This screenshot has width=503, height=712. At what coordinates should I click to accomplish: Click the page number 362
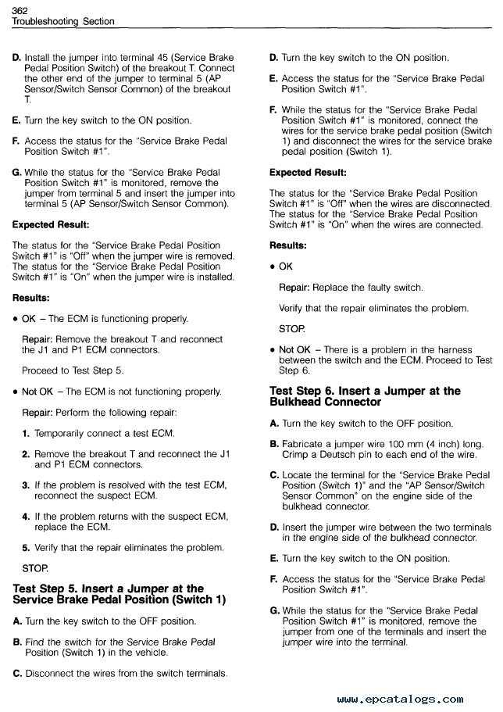[21, 9]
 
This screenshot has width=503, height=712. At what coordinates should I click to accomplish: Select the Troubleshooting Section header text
[62, 21]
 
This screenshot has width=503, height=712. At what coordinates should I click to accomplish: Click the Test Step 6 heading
[365, 396]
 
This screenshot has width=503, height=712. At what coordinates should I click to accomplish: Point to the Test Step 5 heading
[119, 594]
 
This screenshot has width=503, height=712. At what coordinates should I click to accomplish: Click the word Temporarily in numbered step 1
[60, 433]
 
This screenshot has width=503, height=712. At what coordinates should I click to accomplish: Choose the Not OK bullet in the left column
[39, 391]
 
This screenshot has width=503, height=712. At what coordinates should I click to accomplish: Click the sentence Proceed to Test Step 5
[72, 370]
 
